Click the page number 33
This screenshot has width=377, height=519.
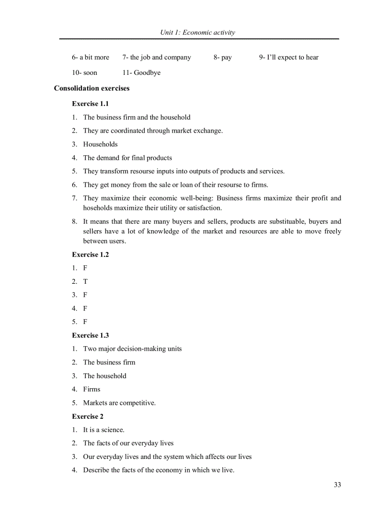(x=337, y=485)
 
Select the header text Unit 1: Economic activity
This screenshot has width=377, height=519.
(x=197, y=32)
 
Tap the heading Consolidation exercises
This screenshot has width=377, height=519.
(x=91, y=88)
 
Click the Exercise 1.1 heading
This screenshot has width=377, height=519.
(x=90, y=104)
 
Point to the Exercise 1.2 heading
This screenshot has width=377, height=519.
(x=90, y=255)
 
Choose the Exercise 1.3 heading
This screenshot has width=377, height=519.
(x=90, y=336)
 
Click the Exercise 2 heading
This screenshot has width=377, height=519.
(x=87, y=416)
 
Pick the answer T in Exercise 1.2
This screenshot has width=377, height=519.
(x=85, y=281)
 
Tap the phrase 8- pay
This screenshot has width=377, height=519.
(x=223, y=57)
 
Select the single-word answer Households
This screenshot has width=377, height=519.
(x=100, y=144)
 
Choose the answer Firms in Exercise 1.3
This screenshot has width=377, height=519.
(x=91, y=389)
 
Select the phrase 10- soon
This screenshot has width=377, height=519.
(x=85, y=73)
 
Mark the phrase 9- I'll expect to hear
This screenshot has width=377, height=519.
(x=289, y=57)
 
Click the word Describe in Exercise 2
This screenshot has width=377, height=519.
(x=96, y=470)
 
